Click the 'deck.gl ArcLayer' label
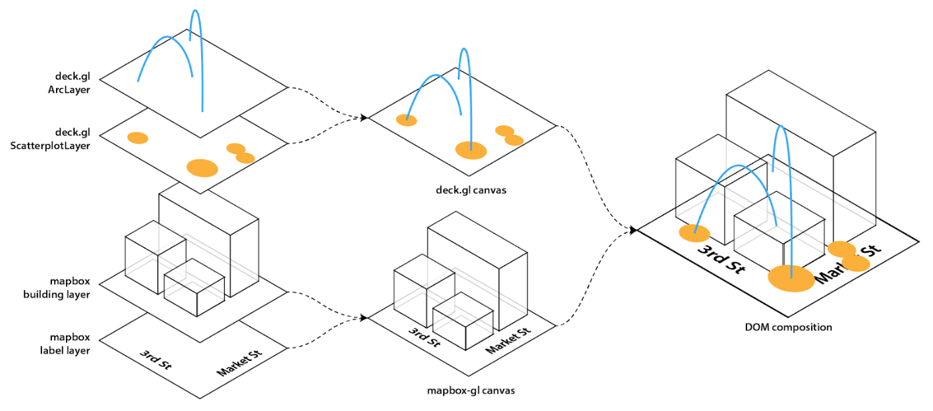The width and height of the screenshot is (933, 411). click(73, 82)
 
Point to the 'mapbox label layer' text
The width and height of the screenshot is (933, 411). click(69, 342)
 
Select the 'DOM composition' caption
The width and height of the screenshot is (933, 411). click(788, 327)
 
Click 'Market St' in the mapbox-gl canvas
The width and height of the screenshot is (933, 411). click(508, 340)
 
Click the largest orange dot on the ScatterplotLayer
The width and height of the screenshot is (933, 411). click(202, 168)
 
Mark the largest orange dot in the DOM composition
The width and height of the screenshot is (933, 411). click(791, 278)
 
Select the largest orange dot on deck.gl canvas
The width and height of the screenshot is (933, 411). click(471, 150)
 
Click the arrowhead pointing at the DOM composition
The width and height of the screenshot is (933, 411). click(633, 230)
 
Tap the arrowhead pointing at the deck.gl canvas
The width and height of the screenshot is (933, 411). click(364, 118)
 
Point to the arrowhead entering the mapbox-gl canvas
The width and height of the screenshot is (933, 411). click(364, 318)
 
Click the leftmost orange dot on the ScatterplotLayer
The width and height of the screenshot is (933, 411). click(137, 138)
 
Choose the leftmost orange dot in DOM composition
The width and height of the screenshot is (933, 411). click(694, 233)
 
